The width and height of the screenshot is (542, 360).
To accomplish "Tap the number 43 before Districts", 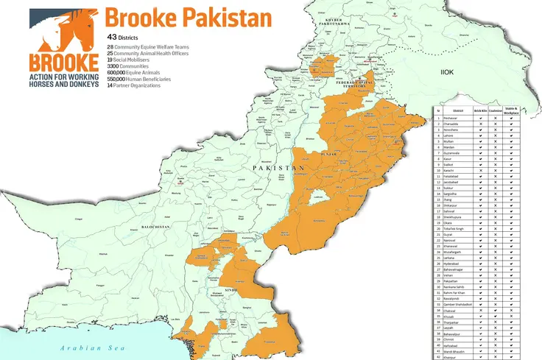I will click(x=112, y=36).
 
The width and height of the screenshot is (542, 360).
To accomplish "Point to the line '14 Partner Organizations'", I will click(x=147, y=86).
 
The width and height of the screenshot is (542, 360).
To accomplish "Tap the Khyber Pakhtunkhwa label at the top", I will click(x=331, y=21).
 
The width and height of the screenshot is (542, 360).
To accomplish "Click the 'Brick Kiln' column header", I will click(x=480, y=110).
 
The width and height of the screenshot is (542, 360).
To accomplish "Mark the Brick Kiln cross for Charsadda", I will click(x=480, y=124).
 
